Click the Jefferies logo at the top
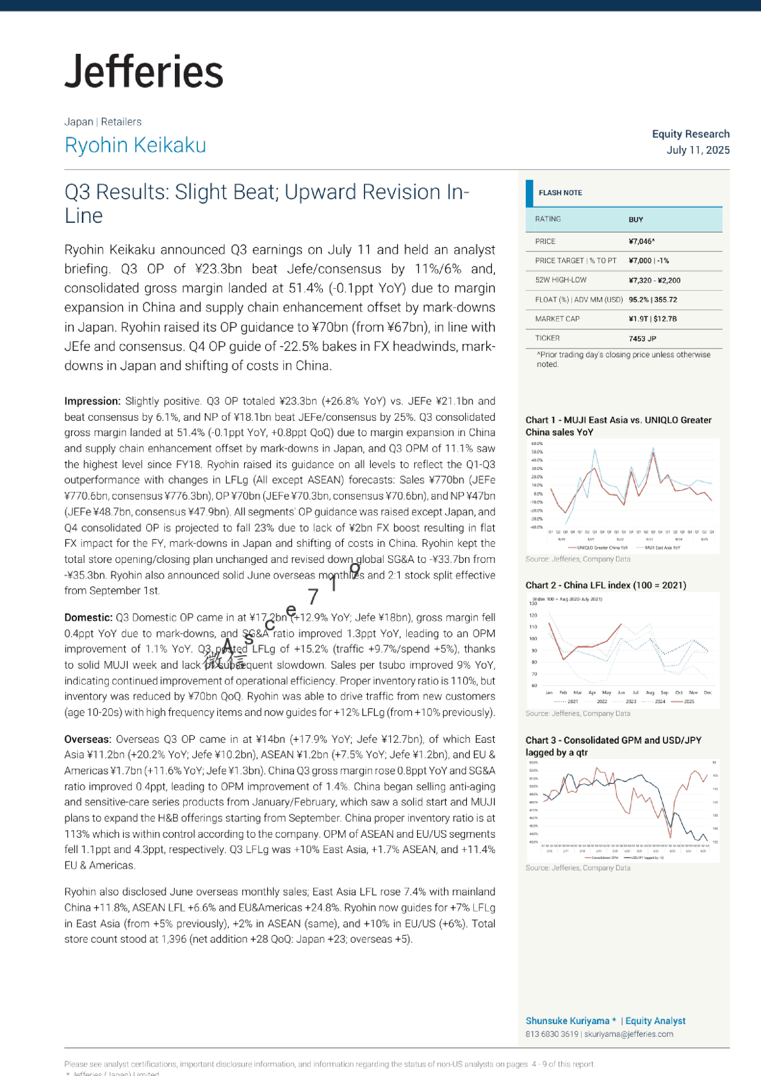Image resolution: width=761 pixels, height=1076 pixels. (144, 71)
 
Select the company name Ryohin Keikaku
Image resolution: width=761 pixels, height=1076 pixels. (135, 145)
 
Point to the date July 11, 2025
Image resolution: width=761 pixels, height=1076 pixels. (698, 150)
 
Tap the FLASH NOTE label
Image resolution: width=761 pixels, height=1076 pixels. (560, 193)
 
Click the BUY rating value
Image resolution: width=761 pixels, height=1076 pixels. (635, 220)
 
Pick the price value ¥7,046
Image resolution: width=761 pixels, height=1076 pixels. (641, 241)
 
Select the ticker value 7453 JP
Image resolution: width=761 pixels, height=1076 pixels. (642, 339)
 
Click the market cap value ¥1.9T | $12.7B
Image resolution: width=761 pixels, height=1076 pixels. (652, 319)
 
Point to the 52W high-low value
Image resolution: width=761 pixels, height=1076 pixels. (654, 281)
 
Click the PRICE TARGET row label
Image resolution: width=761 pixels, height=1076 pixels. (575, 261)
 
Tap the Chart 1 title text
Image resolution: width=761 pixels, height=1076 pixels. (618, 426)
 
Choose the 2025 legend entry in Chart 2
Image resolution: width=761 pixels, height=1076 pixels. (689, 701)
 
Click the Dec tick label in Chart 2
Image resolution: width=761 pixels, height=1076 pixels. (707, 692)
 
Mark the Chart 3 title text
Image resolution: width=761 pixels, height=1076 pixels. (613, 746)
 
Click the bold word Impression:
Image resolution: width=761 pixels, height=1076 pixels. (92, 402)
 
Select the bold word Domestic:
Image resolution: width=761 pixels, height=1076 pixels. (88, 618)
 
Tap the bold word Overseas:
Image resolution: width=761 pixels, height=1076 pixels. (88, 740)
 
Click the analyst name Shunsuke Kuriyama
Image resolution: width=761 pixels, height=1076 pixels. (567, 1021)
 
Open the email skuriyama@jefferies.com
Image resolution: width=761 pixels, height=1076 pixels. (628, 1034)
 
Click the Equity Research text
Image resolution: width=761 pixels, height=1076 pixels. (691, 134)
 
